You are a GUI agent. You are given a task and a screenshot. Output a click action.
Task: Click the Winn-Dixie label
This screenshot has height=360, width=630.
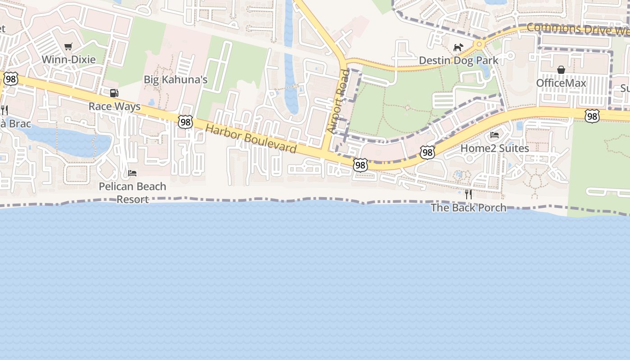(69, 59)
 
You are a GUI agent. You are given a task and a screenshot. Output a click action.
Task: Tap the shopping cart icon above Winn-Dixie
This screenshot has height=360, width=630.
(68, 46)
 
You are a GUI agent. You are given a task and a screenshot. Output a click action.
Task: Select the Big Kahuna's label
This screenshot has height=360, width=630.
(175, 80)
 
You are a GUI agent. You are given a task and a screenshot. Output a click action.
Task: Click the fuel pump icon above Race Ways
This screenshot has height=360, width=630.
(114, 93)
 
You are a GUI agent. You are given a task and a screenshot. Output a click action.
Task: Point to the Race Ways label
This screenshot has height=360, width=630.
(114, 107)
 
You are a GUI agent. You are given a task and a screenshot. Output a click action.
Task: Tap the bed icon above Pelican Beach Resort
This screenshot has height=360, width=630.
(132, 173)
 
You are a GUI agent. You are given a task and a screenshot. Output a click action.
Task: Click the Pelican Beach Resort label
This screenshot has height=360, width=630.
(132, 193)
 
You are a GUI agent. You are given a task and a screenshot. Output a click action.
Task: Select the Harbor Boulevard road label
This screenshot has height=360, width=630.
(251, 139)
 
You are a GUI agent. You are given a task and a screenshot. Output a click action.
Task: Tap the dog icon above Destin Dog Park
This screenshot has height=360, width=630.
(458, 47)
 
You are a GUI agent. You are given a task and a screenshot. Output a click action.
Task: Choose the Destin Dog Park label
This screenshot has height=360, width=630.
(459, 60)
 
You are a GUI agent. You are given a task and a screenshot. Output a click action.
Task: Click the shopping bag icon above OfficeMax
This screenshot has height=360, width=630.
(561, 70)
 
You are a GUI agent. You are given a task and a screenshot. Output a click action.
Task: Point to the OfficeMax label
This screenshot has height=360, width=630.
(561, 83)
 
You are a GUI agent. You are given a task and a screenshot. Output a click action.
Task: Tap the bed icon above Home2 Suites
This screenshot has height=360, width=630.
(495, 135)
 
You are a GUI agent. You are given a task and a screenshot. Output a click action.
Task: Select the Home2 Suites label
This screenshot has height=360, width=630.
(495, 148)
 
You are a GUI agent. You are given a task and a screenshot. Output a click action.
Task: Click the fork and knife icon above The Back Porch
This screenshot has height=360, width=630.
(468, 194)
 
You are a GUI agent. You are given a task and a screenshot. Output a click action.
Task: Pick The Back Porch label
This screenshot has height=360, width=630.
(468, 207)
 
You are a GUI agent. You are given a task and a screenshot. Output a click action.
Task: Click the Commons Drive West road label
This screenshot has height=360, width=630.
(578, 29)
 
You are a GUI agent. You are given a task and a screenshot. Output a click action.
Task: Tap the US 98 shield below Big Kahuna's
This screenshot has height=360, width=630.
(185, 121)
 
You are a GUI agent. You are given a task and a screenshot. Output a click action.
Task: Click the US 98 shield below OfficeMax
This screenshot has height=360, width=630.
(592, 117)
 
